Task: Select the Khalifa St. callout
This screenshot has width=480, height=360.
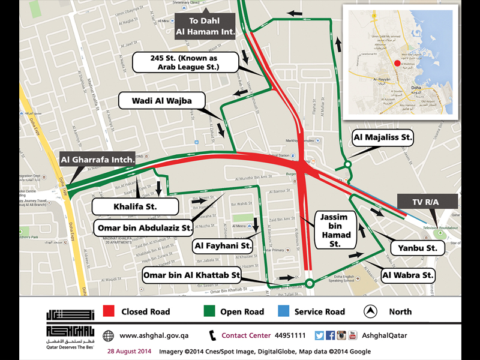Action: click(136, 207)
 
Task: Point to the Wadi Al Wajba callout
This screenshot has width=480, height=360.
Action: click(162, 101)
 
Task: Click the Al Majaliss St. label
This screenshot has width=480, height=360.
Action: click(383, 138)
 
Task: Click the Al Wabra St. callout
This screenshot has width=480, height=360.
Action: click(408, 275)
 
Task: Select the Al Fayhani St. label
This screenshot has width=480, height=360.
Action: click(223, 245)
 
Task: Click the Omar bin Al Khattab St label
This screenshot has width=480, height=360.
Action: click(191, 275)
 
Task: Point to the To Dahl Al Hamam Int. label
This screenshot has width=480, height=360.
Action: click(206, 27)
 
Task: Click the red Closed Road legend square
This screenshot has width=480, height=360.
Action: click(109, 311)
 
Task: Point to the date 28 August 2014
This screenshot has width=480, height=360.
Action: click(129, 352)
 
